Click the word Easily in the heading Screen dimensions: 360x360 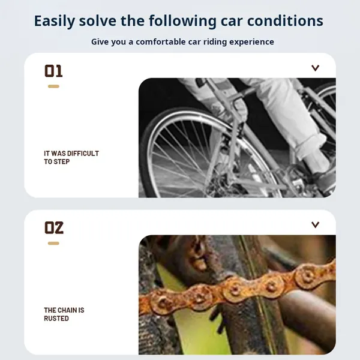pyautogui.click(x=55, y=21)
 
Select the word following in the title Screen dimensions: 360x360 pyautogui.click(x=182, y=21)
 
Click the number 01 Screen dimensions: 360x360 pyautogui.click(x=53, y=71)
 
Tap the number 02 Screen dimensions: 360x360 pyautogui.click(x=54, y=227)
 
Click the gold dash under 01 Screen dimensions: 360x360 pyautogui.click(x=53, y=86)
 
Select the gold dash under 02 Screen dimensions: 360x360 pyautogui.click(x=53, y=243)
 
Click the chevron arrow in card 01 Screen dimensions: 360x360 pyautogui.click(x=315, y=68)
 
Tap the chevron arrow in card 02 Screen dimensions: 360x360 pyautogui.click(x=315, y=225)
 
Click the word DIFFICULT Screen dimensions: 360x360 pyautogui.click(x=83, y=154)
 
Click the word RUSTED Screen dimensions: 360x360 pyautogui.click(x=56, y=319)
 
